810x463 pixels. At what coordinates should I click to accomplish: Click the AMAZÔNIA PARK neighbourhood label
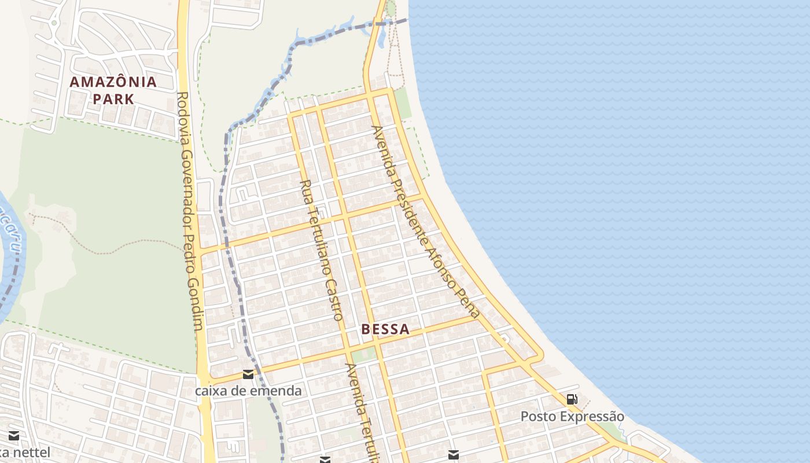pyautogui.click(x=113, y=90)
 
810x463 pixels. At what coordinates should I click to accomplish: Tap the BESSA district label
pyautogui.click(x=385, y=329)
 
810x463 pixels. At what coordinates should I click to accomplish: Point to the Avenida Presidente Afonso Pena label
pyautogui.click(x=426, y=221)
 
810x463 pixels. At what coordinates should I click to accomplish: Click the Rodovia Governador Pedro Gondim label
pyautogui.click(x=190, y=211)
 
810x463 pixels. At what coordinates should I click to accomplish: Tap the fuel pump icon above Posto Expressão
pyautogui.click(x=572, y=399)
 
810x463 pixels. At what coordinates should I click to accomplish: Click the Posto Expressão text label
pyautogui.click(x=572, y=416)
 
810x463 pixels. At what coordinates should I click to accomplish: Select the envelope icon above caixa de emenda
pyautogui.click(x=248, y=374)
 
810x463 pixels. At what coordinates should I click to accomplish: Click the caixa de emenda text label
pyautogui.click(x=248, y=391)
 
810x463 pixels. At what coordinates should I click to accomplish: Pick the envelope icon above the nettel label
pyautogui.click(x=14, y=435)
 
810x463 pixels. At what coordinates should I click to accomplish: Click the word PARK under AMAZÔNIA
pyautogui.click(x=113, y=98)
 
